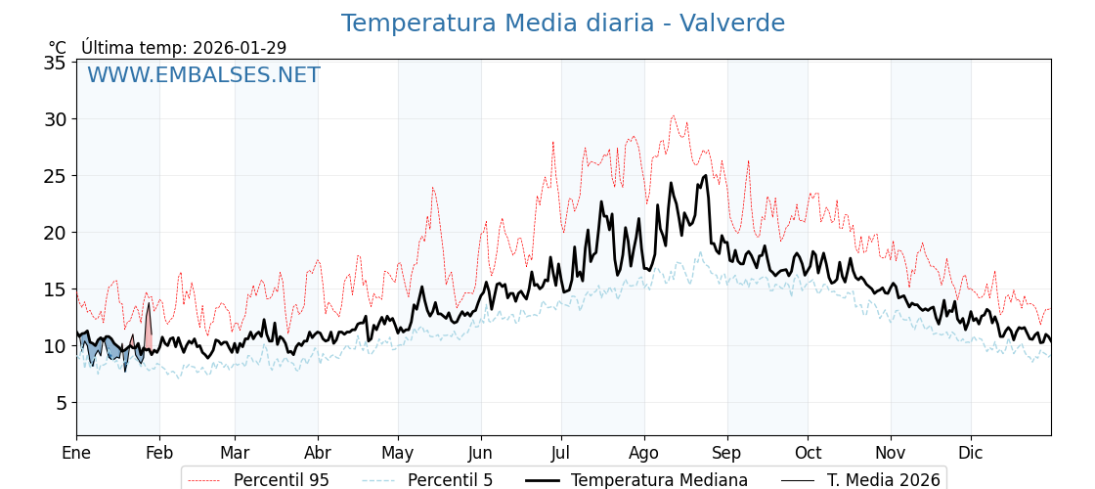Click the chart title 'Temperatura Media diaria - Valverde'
pos(562,23)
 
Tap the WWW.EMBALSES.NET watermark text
pos(203,75)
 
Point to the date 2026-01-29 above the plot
pos(240,48)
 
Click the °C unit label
pos(58,48)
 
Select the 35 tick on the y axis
pos(56,63)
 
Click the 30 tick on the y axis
pos(56,119)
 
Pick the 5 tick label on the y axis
pos(61,403)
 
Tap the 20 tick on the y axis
pos(56,233)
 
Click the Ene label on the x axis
pos(76,453)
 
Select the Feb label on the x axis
pos(159,453)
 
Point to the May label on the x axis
pos(398,453)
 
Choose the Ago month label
pos(644,453)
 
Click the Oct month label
pos(808,453)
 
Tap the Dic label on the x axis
pos(971,453)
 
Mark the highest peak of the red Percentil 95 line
pos(673,116)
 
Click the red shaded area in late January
pos(148,331)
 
